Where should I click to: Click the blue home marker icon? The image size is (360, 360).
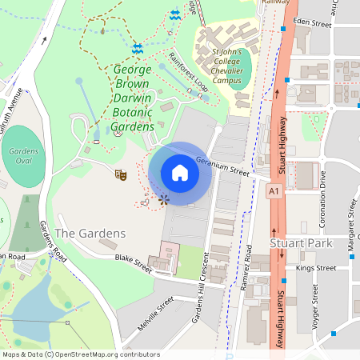[180, 173]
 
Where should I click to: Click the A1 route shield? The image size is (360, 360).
[274, 192]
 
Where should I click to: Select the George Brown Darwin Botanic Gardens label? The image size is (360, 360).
[122, 98]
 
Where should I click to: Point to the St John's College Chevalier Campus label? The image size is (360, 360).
[226, 68]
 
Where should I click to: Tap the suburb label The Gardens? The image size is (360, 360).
[90, 233]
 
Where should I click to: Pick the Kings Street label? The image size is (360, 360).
[316, 268]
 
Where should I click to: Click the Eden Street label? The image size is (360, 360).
[312, 24]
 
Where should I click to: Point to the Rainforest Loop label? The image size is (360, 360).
[189, 72]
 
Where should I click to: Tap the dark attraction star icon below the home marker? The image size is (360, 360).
[164, 198]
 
